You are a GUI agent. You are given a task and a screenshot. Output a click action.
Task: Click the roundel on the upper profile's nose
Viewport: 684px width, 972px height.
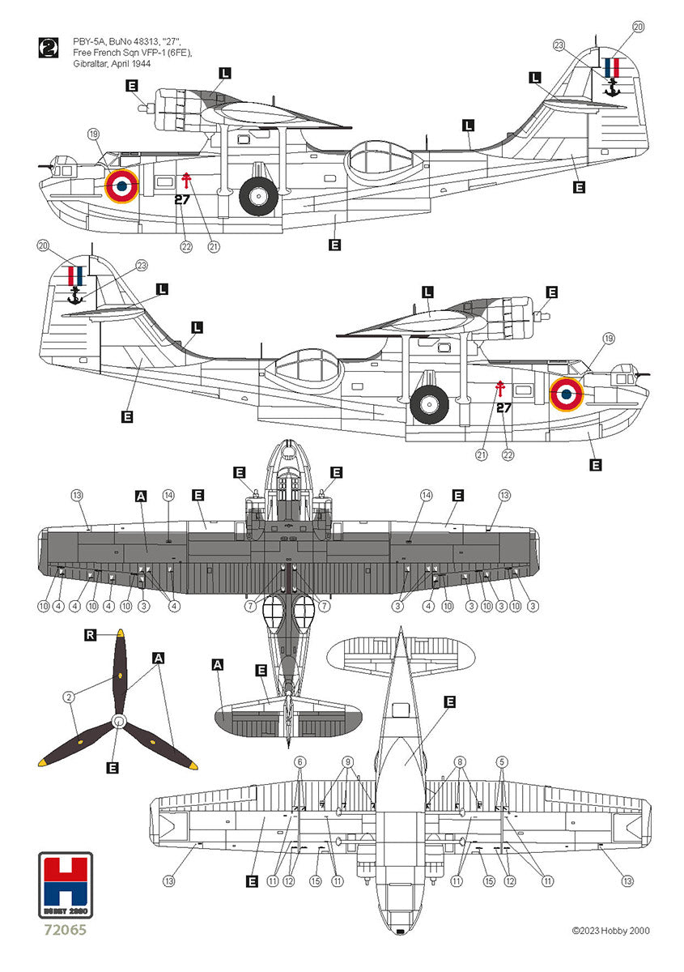point(121,185)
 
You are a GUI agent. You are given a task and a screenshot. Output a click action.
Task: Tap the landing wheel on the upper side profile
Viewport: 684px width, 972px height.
point(258,196)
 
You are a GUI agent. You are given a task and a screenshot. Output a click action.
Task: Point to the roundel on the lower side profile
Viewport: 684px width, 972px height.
point(567,394)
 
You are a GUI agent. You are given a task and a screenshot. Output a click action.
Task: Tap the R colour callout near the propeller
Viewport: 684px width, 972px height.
point(90,635)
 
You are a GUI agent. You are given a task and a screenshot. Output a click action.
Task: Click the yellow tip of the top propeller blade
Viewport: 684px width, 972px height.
point(121,633)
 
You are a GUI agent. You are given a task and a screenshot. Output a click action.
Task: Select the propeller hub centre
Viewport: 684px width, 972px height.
point(119,721)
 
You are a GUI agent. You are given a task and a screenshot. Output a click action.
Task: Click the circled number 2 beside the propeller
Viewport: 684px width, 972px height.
point(70,696)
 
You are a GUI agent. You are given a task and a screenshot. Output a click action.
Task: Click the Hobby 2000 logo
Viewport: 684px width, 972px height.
point(67,887)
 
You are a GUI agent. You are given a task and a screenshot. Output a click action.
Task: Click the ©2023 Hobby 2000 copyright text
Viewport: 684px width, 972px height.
point(610,931)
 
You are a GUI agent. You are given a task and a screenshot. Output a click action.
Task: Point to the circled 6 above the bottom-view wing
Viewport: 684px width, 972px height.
point(300,761)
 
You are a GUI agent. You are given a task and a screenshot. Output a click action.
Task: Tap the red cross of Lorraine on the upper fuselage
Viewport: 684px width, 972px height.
point(186,179)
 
